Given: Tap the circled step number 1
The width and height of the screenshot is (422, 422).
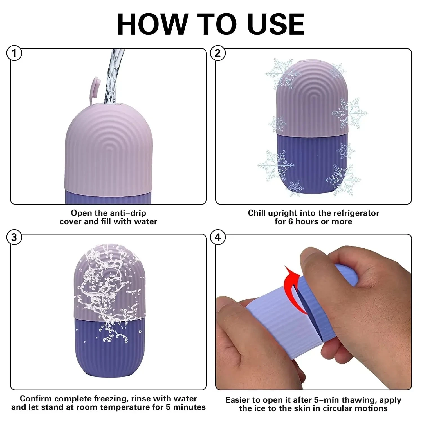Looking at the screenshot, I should pos(14,53).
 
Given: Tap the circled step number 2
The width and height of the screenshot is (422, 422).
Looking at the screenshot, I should pos(217,53).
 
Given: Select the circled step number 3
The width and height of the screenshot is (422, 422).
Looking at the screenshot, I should pos(14,237).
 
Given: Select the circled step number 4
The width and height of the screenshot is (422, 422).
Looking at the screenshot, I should pos(217,237).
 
